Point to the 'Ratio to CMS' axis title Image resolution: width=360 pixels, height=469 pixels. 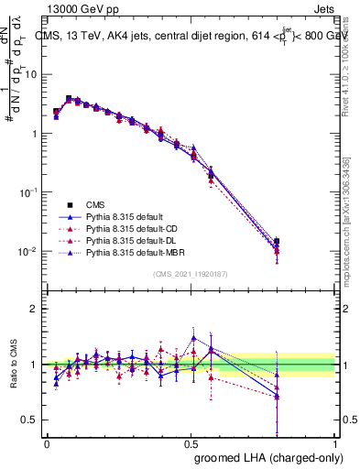13,364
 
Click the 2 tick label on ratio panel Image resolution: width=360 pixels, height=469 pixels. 34,309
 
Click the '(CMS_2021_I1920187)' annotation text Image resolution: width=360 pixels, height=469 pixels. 191,274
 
